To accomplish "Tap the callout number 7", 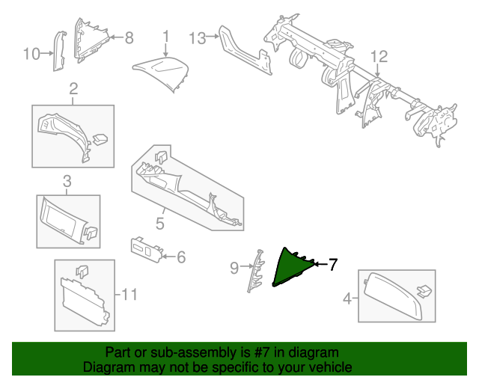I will (x=333, y=264).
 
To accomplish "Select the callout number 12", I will (x=379, y=56).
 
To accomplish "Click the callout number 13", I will (x=197, y=37).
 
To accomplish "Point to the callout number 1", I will (x=166, y=35).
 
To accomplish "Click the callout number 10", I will (x=31, y=54).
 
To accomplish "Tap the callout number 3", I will (x=67, y=181).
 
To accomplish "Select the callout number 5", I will (x=159, y=223).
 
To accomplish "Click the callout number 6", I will (x=180, y=257).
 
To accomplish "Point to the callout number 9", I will (x=234, y=267).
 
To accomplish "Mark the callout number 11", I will (x=129, y=295).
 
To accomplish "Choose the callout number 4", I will (x=347, y=299).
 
